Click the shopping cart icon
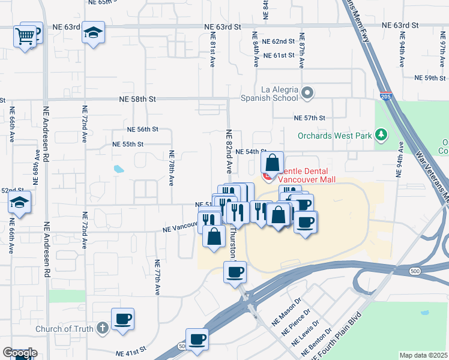coord(25,36)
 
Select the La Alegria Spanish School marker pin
coord(308,93)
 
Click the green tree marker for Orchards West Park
coord(381,135)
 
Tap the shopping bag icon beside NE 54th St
coord(273,163)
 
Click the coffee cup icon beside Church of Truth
coord(122,319)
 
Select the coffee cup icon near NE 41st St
coord(197,340)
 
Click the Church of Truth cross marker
coord(103,328)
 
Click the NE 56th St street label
coord(142,129)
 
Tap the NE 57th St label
coord(309,118)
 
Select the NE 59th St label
coord(429,78)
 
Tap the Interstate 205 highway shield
coord(386,95)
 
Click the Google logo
coord(19,353)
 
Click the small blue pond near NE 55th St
coord(118,169)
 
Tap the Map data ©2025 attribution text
coord(424,355)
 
